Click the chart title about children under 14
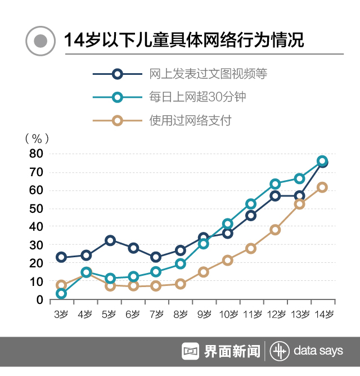pos(183,41)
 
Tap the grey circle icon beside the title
pos(40,41)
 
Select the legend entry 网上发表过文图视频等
pos(208,74)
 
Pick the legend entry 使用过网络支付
pos(190,120)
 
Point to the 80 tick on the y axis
pos(36,153)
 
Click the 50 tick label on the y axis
pos(36,208)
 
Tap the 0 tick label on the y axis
pos(39,300)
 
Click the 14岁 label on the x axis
pos(323,314)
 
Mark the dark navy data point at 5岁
pos(110,240)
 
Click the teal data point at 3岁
pos(61,293)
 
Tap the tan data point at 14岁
pos(322,187)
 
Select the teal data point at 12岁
pos(275,184)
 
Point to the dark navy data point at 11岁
pos(251,216)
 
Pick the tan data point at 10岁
pos(227,260)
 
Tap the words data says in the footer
pos(318,351)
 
